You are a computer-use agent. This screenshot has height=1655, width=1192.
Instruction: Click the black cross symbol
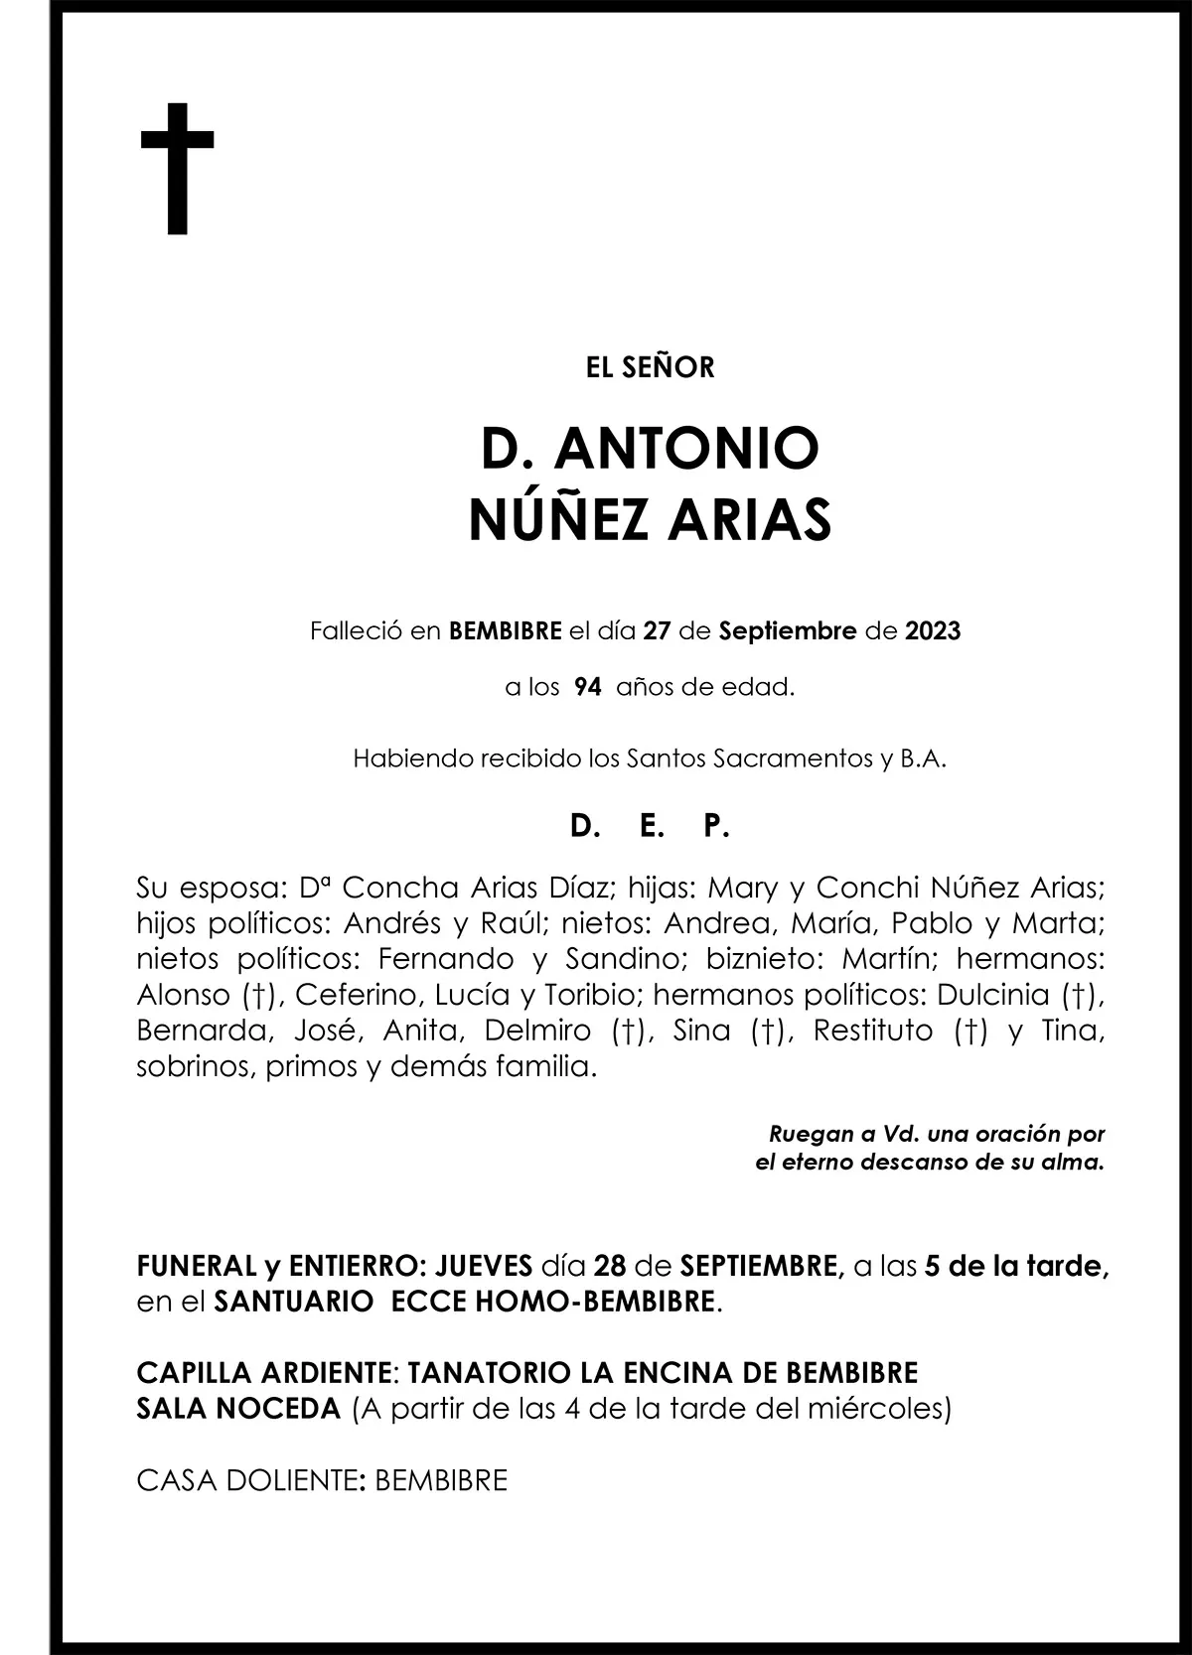click(178, 168)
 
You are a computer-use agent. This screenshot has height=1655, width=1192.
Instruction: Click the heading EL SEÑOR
click(651, 368)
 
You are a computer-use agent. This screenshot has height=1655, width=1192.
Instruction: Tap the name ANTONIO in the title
click(686, 449)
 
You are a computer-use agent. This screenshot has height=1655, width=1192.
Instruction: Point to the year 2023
click(933, 631)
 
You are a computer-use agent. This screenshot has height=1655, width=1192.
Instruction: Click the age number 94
click(587, 687)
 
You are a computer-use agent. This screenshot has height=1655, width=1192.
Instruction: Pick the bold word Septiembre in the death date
click(787, 631)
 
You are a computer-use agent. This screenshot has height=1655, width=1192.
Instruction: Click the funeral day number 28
click(609, 1266)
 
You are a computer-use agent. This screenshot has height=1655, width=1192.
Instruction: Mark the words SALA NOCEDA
click(238, 1408)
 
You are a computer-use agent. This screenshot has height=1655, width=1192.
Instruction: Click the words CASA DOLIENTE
click(246, 1480)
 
